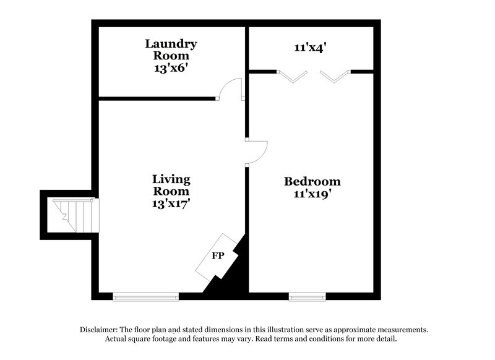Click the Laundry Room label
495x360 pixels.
(x=171, y=49)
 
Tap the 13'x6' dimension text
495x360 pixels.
(x=171, y=69)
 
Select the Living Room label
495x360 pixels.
(x=171, y=185)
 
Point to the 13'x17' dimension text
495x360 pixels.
(x=171, y=204)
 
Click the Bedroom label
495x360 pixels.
(x=312, y=181)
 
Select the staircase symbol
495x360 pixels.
(x=75, y=215)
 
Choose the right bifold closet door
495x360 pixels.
(x=335, y=75)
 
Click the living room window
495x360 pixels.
(x=146, y=296)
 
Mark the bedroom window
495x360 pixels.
(x=307, y=296)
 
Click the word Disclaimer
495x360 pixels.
(x=99, y=330)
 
